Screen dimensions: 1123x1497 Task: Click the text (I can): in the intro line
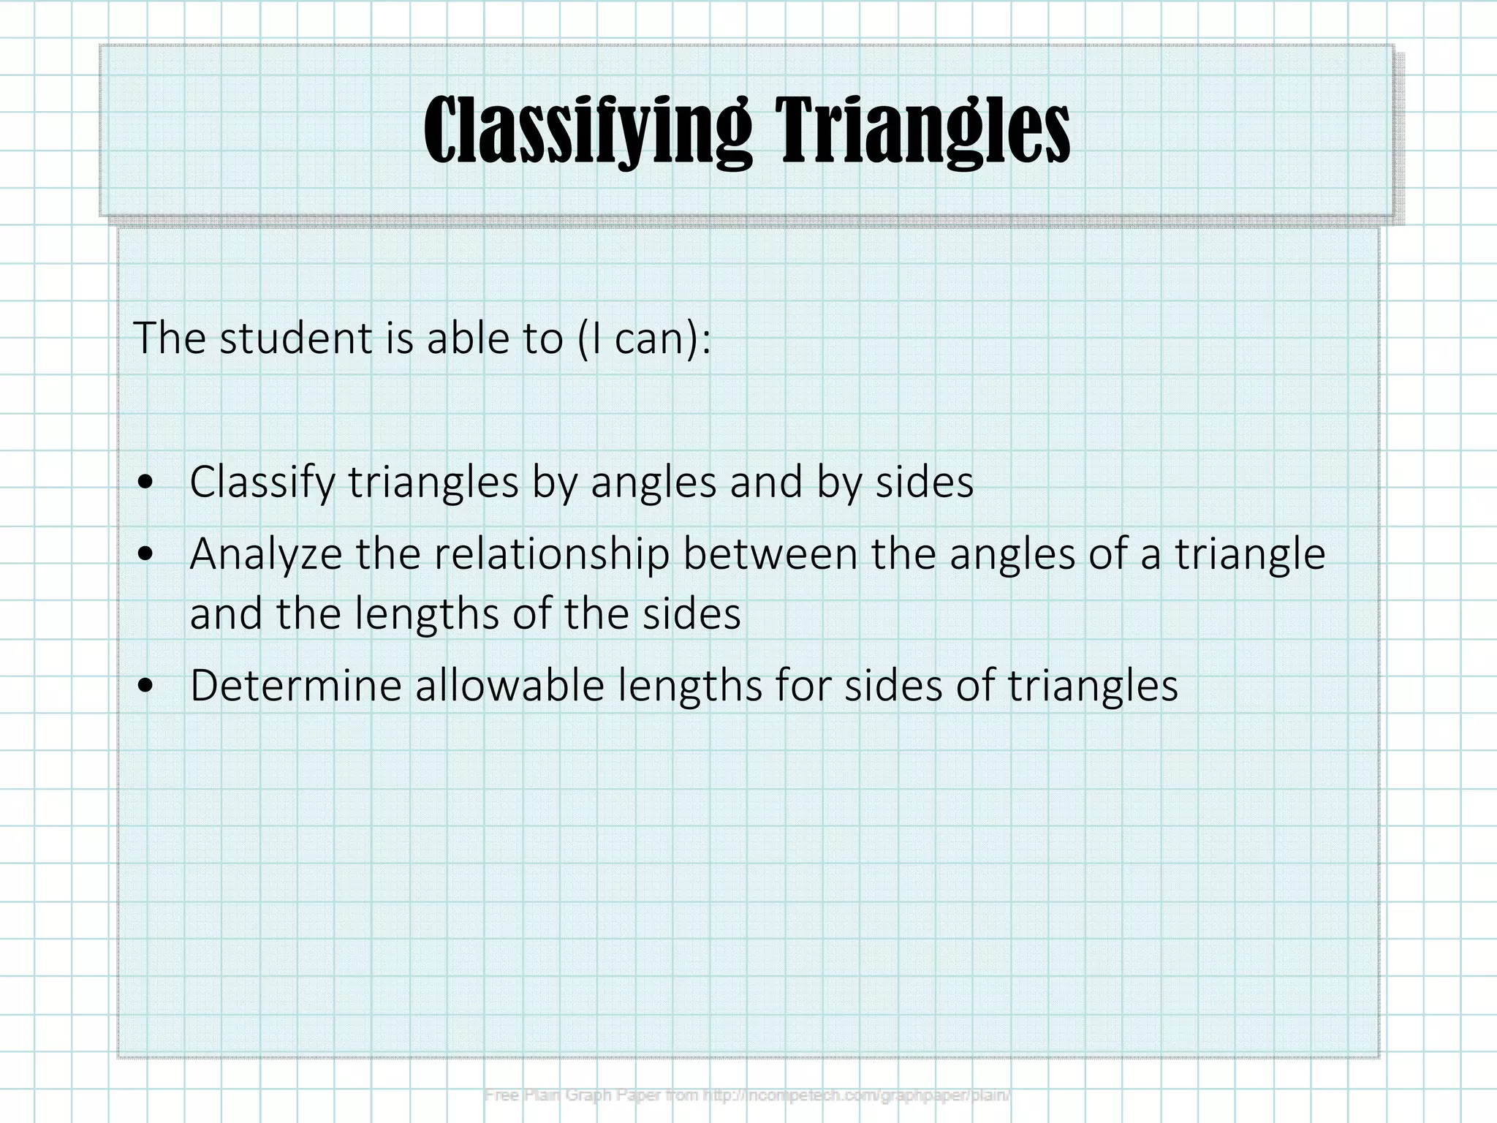tap(643, 338)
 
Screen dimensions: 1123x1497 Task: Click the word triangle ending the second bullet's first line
tap(1250, 554)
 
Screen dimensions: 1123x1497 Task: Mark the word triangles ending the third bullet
tap(1093, 686)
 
